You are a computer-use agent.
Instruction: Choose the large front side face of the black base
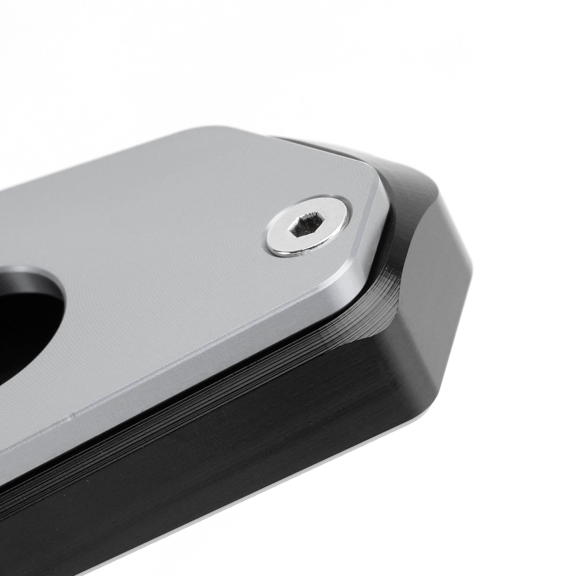pos(252,450)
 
